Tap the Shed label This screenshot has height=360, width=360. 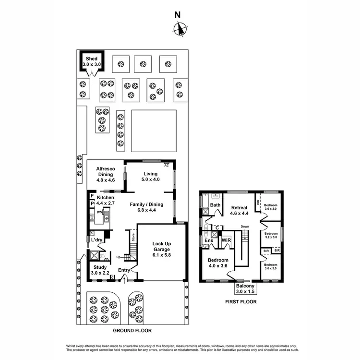[x=91, y=59]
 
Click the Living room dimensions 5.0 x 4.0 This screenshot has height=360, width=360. [x=150, y=180]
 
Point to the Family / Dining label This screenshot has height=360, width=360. [x=147, y=204]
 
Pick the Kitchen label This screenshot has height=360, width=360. [x=106, y=197]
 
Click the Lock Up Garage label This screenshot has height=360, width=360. [x=162, y=249]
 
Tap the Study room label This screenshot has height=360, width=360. [x=100, y=267]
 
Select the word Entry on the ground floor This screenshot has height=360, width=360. [x=124, y=270]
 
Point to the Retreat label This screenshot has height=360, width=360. [x=239, y=208]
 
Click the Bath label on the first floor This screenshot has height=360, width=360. [x=215, y=205]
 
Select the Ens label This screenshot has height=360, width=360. [x=209, y=240]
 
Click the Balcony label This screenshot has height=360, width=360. [x=245, y=285]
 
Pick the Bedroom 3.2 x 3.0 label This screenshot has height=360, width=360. [x=272, y=235]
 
